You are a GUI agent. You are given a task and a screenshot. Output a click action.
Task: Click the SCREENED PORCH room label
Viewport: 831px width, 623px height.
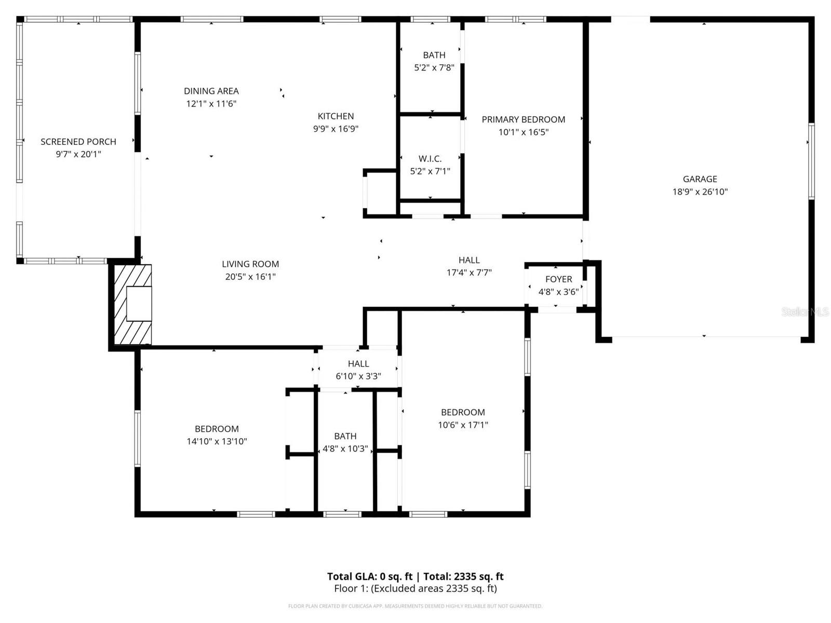pyautogui.click(x=78, y=142)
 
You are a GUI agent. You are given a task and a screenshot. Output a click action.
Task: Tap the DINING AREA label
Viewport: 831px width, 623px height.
pyautogui.click(x=211, y=91)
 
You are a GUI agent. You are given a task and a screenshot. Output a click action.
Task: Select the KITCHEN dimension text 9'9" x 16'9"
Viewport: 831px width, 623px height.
pyautogui.click(x=336, y=129)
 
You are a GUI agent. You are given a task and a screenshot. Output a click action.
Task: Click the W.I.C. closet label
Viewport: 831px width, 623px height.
pyautogui.click(x=430, y=159)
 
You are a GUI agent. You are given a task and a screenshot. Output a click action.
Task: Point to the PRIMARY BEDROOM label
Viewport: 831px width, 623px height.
pyautogui.click(x=523, y=119)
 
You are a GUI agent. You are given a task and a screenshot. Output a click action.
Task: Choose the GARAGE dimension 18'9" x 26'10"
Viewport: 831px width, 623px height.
pyautogui.click(x=700, y=192)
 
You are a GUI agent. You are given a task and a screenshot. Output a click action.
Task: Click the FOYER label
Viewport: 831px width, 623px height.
pyautogui.click(x=558, y=279)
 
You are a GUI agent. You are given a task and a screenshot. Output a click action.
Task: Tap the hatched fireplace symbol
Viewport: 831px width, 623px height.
pyautogui.click(x=133, y=305)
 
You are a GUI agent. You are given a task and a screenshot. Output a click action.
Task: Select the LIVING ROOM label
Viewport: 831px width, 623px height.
pyautogui.click(x=250, y=264)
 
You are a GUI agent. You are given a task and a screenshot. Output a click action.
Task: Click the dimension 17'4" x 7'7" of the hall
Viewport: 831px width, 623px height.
pyautogui.click(x=469, y=273)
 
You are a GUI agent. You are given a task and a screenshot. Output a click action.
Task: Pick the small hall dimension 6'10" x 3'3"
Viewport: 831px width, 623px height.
pyautogui.click(x=358, y=376)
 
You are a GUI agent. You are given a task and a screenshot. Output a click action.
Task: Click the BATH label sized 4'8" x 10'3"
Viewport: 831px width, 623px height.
pyautogui.click(x=345, y=436)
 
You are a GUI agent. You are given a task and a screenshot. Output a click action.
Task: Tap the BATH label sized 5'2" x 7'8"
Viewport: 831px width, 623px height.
pyautogui.click(x=434, y=55)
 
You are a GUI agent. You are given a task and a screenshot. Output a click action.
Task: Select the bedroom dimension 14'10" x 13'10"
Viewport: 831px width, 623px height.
pyautogui.click(x=217, y=441)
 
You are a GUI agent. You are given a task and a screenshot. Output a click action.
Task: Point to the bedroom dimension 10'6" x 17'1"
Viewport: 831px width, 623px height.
pyautogui.click(x=463, y=425)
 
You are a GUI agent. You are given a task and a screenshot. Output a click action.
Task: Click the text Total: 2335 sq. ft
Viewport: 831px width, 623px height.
pyautogui.click(x=463, y=576)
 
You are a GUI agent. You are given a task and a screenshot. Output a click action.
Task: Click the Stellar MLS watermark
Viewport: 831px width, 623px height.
pyautogui.click(x=805, y=311)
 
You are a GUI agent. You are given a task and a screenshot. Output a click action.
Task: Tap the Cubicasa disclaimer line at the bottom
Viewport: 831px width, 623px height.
pyautogui.click(x=415, y=606)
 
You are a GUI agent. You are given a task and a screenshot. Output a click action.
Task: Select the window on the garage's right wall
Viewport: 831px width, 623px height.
pyautogui.click(x=811, y=161)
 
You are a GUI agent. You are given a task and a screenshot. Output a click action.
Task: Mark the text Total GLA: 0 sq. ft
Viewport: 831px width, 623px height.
pyautogui.click(x=369, y=576)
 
